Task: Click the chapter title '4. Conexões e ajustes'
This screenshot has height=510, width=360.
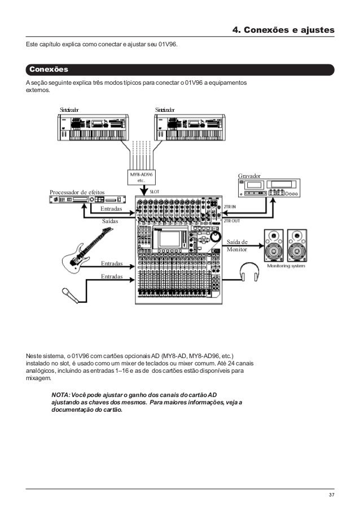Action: tap(284, 29)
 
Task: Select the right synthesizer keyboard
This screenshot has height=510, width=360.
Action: tap(192, 129)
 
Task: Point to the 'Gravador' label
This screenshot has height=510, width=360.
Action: tap(250, 177)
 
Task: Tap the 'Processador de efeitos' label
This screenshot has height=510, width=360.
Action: tap(78, 192)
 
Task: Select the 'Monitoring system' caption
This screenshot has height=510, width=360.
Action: tap(287, 266)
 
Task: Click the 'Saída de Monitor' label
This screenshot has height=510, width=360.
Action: tap(237, 246)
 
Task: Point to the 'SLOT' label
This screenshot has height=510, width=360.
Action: tap(154, 191)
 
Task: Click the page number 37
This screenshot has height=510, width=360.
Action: tap(331, 495)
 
